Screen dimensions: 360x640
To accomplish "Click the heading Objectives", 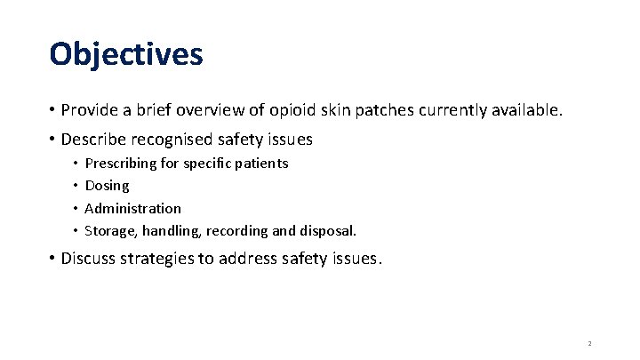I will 126,54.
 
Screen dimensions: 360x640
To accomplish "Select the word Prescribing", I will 121,164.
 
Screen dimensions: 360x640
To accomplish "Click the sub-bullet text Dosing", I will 107,186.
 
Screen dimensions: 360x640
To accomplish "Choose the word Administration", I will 132,208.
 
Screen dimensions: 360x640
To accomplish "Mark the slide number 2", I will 589,343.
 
